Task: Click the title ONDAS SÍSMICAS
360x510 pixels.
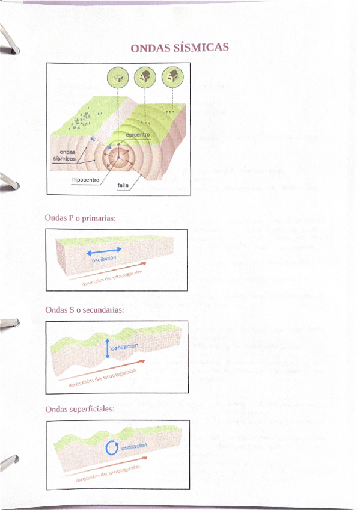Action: pos(180,48)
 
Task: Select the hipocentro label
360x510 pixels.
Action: pos(84,179)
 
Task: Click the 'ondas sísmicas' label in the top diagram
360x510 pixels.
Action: pos(64,155)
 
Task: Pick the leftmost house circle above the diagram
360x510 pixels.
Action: pos(117,76)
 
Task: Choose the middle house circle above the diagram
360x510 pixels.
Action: pos(145,76)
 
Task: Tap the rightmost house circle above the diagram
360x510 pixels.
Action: pos(173,76)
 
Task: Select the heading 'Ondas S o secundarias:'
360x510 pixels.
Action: pos(85,310)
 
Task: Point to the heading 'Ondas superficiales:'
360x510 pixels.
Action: pos(79,409)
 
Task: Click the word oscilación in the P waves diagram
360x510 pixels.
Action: pos(103,260)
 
